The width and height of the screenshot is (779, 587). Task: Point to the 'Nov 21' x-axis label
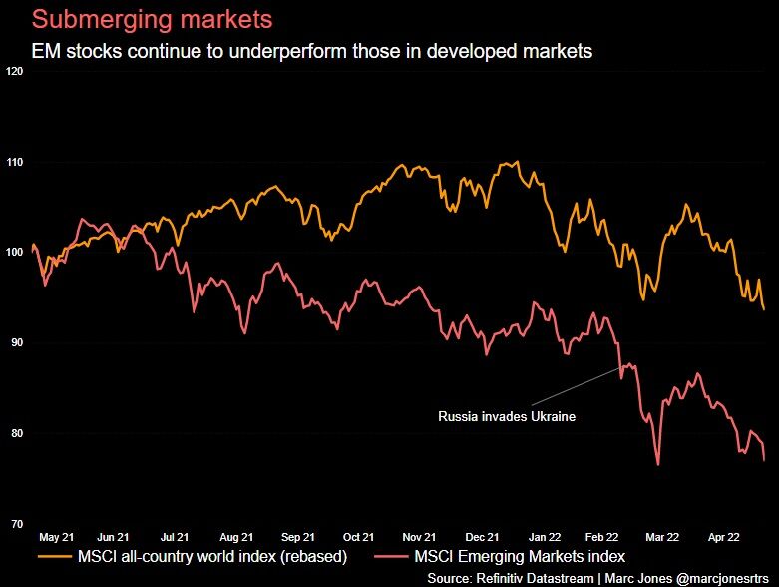420,536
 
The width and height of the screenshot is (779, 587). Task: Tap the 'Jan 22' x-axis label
545,536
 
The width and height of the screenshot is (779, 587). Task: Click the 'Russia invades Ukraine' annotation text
507,416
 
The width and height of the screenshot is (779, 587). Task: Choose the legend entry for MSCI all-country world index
213,556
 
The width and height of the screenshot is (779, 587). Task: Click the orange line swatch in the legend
53,556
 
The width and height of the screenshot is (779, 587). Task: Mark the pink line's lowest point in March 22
658,464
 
